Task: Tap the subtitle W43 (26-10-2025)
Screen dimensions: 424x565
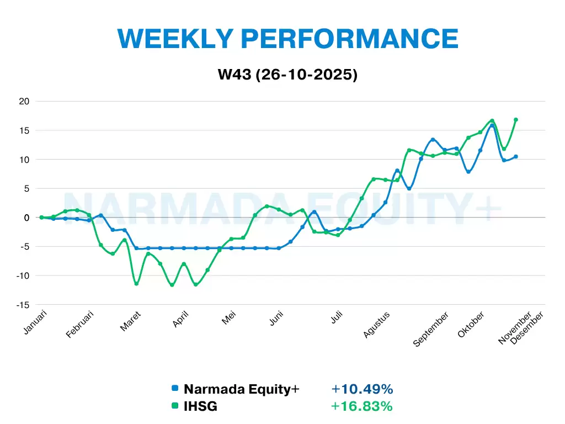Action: click(287, 75)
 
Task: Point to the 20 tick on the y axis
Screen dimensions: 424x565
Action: click(24, 101)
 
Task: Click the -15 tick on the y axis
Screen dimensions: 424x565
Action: click(22, 305)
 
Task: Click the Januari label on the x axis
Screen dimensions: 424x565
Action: click(36, 322)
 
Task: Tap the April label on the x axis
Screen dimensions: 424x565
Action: click(181, 319)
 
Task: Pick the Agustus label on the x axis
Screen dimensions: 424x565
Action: click(377, 325)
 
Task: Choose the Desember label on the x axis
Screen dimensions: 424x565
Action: click(527, 328)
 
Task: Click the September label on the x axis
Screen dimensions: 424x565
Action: click(431, 330)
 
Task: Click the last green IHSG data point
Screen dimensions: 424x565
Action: click(516, 120)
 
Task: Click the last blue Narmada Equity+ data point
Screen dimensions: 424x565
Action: click(516, 156)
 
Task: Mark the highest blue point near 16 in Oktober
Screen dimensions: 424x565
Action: click(492, 126)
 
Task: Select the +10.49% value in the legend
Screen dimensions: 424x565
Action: click(362, 389)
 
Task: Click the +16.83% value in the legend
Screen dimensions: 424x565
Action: click(362, 406)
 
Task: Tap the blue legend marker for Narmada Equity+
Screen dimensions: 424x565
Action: click(175, 389)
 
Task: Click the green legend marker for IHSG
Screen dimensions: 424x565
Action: click(175, 406)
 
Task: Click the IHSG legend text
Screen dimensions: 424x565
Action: click(200, 406)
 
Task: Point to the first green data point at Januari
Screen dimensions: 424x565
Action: click(41, 218)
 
